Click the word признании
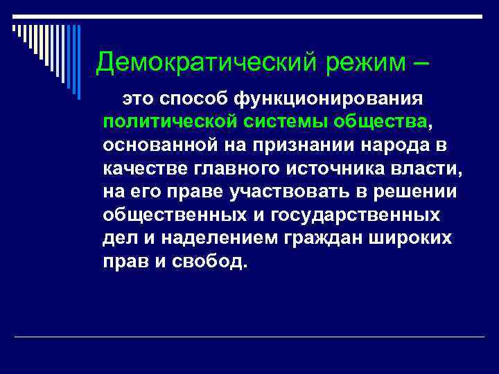coord(293,146)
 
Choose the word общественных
coord(170,215)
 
